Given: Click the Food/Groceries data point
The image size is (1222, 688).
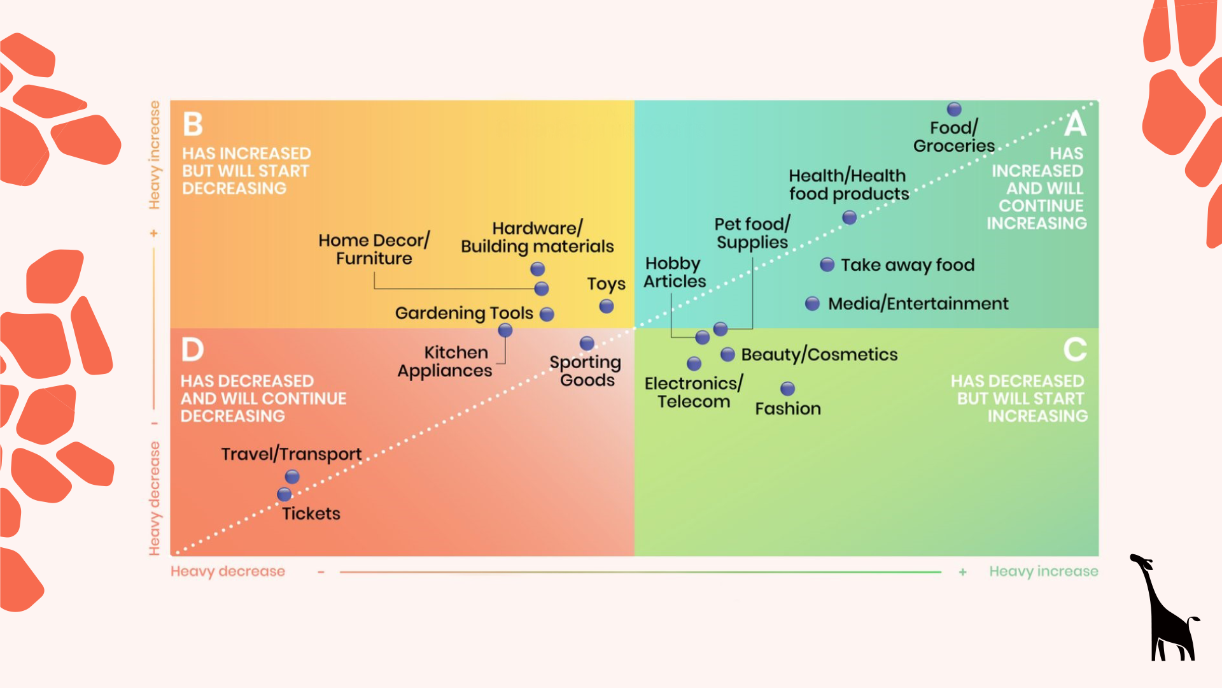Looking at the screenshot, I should pos(954,109).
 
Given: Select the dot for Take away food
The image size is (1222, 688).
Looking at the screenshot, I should pos(827,264).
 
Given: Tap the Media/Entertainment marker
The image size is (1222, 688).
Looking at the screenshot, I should pos(812,303).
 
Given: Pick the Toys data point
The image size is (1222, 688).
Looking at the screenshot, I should pos(607,306).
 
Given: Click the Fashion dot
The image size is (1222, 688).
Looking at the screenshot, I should pos(787,389).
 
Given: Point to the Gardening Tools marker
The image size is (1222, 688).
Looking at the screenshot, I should pos(547,314).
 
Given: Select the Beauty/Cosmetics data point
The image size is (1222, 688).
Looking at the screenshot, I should pos(727,354).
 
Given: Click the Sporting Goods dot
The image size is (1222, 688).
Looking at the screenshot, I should pos(587,343).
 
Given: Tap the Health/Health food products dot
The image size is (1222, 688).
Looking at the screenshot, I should pos(849,218).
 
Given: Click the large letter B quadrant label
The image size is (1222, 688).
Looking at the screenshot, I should pos(193,124).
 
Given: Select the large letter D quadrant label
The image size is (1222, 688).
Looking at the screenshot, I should pos(192,350).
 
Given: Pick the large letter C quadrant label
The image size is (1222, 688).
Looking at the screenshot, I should pos(1075,350).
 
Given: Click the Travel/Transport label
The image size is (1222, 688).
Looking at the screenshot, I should pos(291,454).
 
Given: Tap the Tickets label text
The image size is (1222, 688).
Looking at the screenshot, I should pos(311,513).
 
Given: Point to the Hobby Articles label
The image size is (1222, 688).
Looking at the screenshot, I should pos(675,272).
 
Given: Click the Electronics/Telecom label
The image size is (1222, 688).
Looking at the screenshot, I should pos(693,392).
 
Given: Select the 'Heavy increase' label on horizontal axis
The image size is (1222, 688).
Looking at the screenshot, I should pos(1043,571).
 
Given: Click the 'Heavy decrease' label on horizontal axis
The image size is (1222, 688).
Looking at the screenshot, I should pos(227,571).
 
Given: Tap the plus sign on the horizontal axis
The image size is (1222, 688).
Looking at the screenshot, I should pos(962,572).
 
